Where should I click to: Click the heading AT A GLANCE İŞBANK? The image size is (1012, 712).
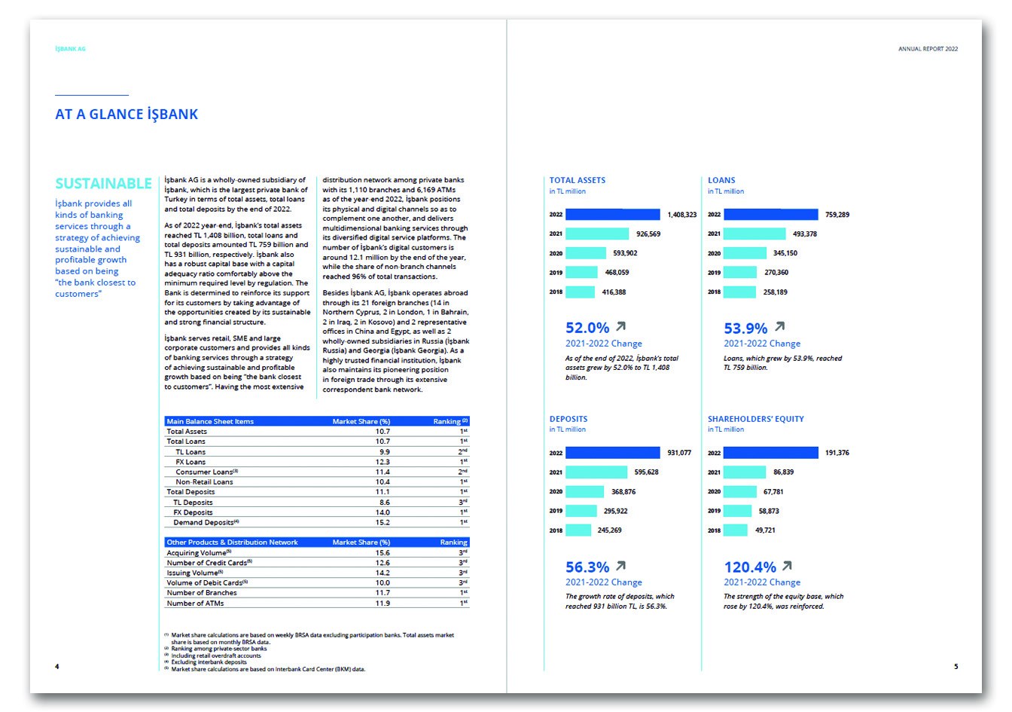click(x=126, y=115)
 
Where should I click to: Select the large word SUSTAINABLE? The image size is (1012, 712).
click(x=103, y=184)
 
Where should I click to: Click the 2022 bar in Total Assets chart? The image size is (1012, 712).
click(x=612, y=215)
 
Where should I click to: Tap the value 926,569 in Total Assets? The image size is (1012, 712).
click(x=648, y=234)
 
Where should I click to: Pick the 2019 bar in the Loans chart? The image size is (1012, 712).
click(x=739, y=273)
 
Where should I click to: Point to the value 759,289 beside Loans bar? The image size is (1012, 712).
click(x=837, y=215)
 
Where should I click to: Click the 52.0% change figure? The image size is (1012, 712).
click(x=587, y=328)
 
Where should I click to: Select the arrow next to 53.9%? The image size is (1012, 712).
click(x=779, y=327)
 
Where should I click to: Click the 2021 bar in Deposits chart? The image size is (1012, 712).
click(x=596, y=472)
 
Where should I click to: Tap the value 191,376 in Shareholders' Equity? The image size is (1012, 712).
click(x=837, y=453)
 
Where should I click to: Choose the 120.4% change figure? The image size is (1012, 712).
click(x=750, y=567)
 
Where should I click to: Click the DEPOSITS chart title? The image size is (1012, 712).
click(x=568, y=419)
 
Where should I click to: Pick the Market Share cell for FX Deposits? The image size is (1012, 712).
click(x=383, y=512)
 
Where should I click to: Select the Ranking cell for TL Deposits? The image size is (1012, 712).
click(x=464, y=502)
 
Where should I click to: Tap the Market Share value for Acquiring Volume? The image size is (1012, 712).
click(x=383, y=553)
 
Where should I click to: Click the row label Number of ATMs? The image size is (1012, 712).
click(x=195, y=604)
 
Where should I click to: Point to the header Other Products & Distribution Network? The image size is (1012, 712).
click(x=232, y=542)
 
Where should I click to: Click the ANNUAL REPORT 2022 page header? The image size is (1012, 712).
click(x=928, y=49)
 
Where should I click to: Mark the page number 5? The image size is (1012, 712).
click(x=956, y=667)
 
